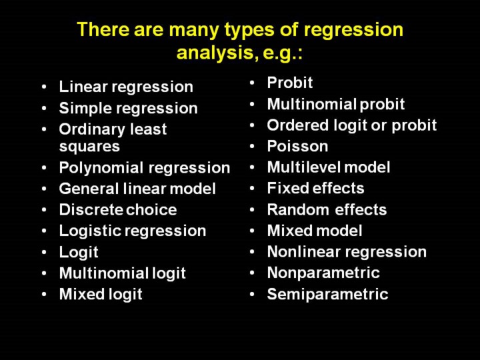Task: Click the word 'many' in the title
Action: [x=193, y=31]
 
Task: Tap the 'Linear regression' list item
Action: [x=126, y=87]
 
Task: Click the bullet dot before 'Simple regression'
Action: [x=45, y=108]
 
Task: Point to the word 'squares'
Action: [x=89, y=147]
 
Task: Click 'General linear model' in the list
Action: [x=137, y=189]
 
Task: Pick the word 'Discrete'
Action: [x=91, y=210]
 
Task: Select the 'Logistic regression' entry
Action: [x=133, y=231]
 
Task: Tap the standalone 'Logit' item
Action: [x=79, y=253]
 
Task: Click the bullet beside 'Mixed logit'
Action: [x=45, y=294]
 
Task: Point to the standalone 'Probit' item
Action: [x=290, y=83]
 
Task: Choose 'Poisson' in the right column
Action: [x=297, y=146]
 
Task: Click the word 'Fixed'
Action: [x=287, y=188]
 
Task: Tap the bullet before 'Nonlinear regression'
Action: [x=252, y=252]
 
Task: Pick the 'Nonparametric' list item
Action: [x=323, y=273]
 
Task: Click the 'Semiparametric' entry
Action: [x=327, y=295]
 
